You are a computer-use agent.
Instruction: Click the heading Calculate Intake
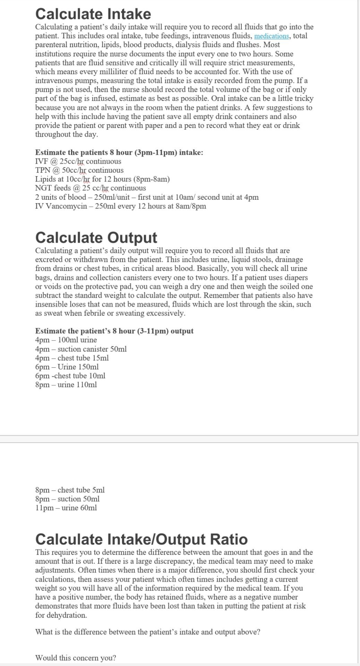[x=93, y=14]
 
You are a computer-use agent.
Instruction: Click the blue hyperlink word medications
[x=271, y=36]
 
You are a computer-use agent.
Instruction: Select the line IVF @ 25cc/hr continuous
[x=78, y=161]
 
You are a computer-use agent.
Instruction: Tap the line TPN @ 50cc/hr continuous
[x=79, y=170]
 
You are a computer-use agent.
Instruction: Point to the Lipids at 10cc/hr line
[x=102, y=179]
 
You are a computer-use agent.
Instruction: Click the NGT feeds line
[x=90, y=188]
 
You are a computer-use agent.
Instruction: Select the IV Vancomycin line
[x=120, y=206]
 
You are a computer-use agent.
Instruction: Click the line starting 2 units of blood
[x=147, y=197]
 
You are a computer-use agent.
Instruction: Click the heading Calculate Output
[x=96, y=238]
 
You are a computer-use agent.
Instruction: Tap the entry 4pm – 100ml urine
[x=66, y=340]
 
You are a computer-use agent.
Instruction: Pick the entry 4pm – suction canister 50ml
[x=81, y=349]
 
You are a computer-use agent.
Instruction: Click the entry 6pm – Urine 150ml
[x=67, y=367]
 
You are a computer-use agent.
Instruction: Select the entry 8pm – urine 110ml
[x=66, y=385]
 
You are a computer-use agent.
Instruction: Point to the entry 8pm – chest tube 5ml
[x=70, y=490]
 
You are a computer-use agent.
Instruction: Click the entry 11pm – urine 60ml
[x=66, y=508]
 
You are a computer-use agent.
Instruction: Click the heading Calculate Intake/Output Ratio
[x=142, y=539]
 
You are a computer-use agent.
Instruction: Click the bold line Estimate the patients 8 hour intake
[x=119, y=153]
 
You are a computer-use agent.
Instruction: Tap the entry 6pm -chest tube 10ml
[x=70, y=376]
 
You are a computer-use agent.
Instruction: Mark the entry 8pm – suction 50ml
[x=67, y=499]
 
